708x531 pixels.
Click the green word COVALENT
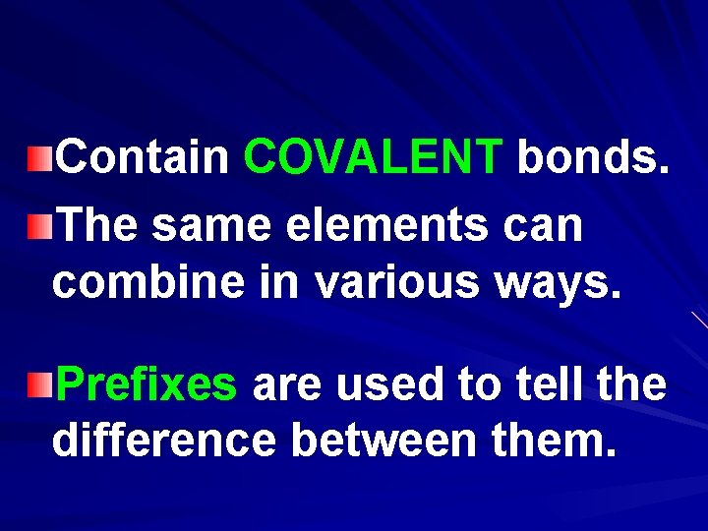click(374, 156)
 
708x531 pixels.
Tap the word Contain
click(142, 156)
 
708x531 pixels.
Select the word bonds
click(594, 156)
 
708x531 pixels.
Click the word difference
click(163, 440)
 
